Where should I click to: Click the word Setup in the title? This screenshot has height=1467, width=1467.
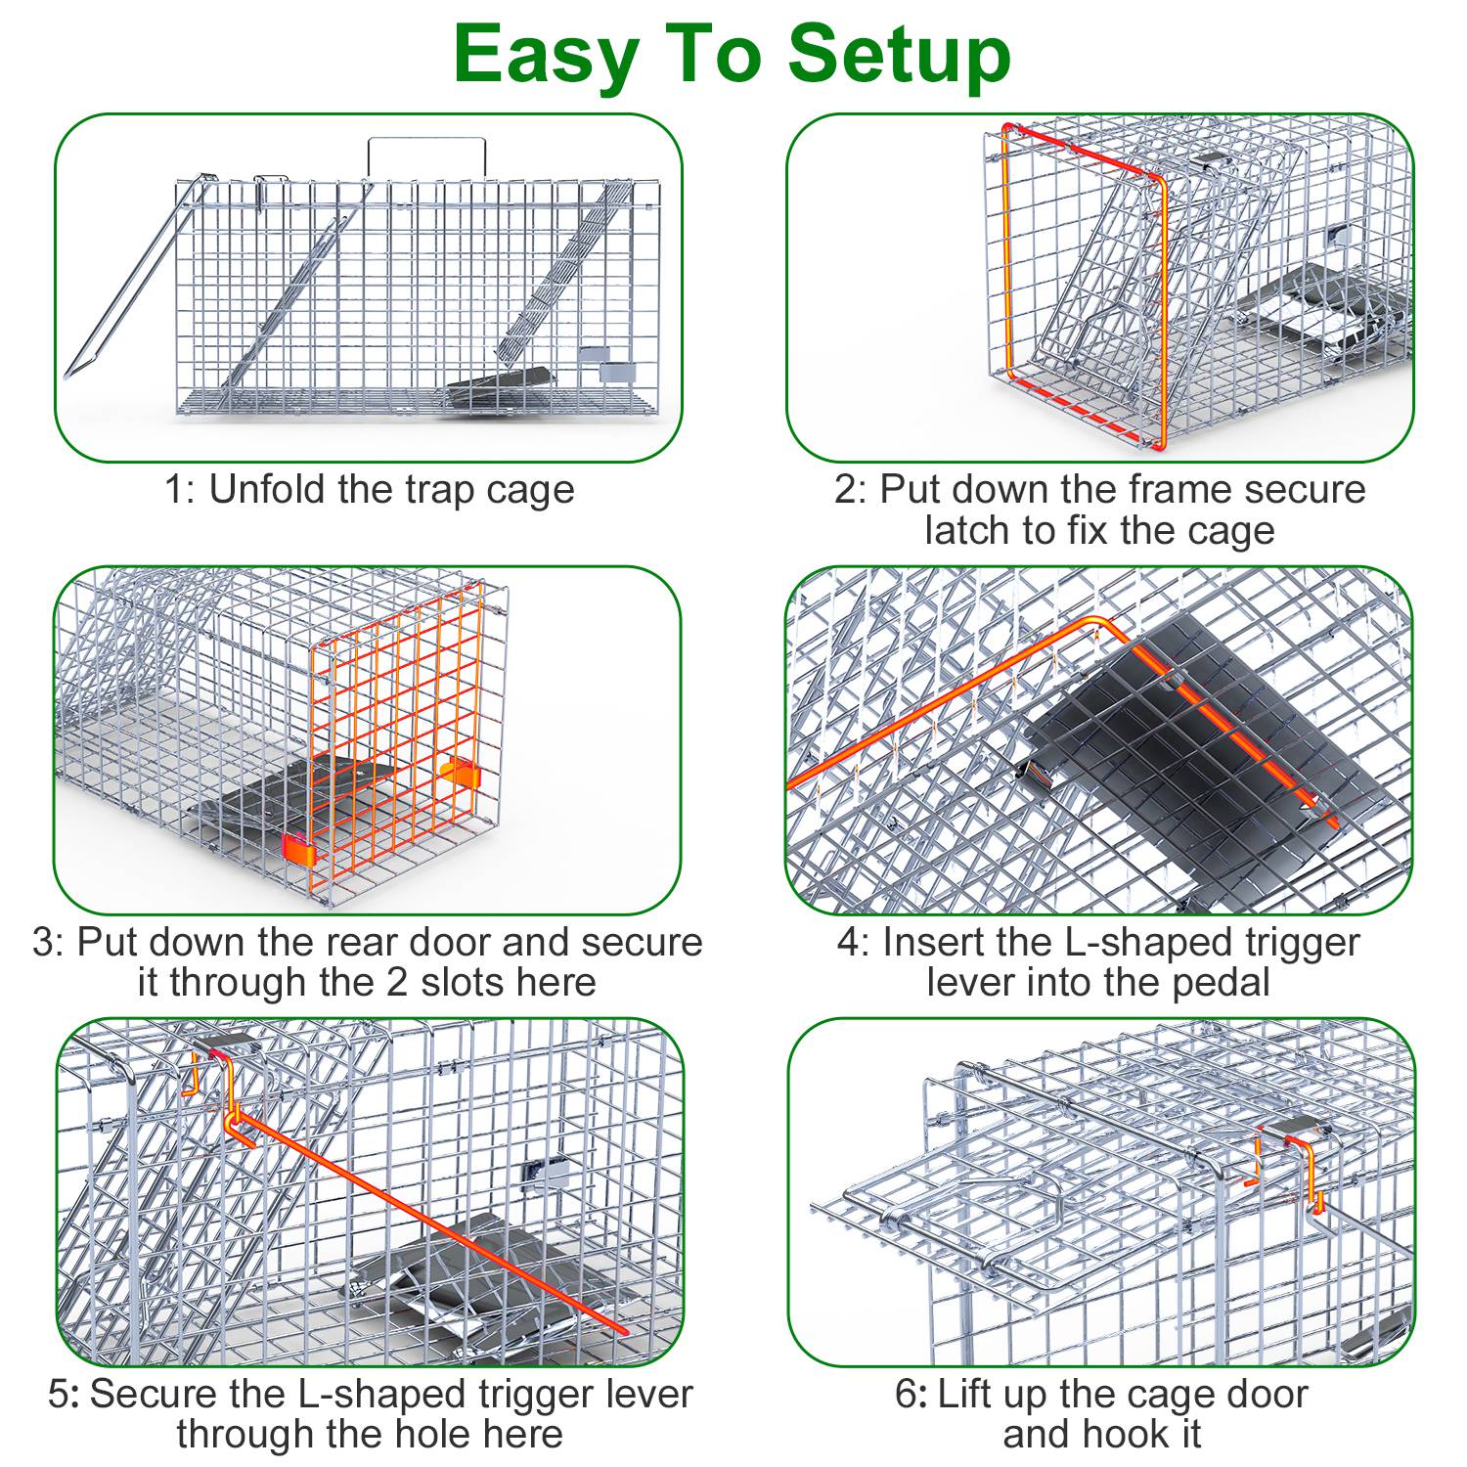pyautogui.click(x=900, y=57)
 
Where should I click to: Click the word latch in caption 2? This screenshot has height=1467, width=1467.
pyautogui.click(x=968, y=531)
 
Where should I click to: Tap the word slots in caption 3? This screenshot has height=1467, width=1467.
pyautogui.click(x=460, y=983)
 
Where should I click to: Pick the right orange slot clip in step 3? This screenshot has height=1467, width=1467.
pyautogui.click(x=460, y=774)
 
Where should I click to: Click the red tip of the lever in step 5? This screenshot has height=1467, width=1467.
pyautogui.click(x=619, y=1329)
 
